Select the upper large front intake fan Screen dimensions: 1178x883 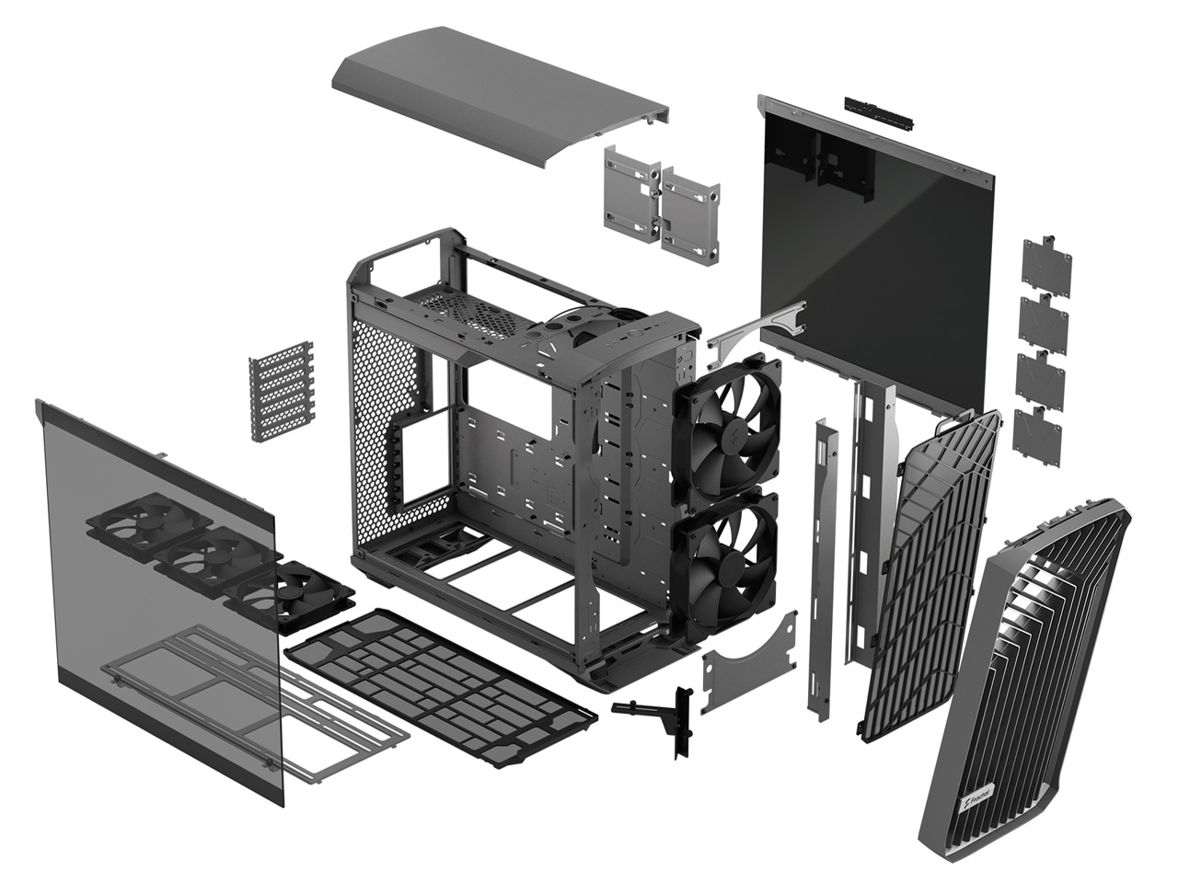[726, 428]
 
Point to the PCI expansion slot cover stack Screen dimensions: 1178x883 [282, 392]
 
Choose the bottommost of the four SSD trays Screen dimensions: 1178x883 [1036, 435]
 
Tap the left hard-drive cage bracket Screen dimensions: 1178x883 [632, 194]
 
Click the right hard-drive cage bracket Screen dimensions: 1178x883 [690, 215]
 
